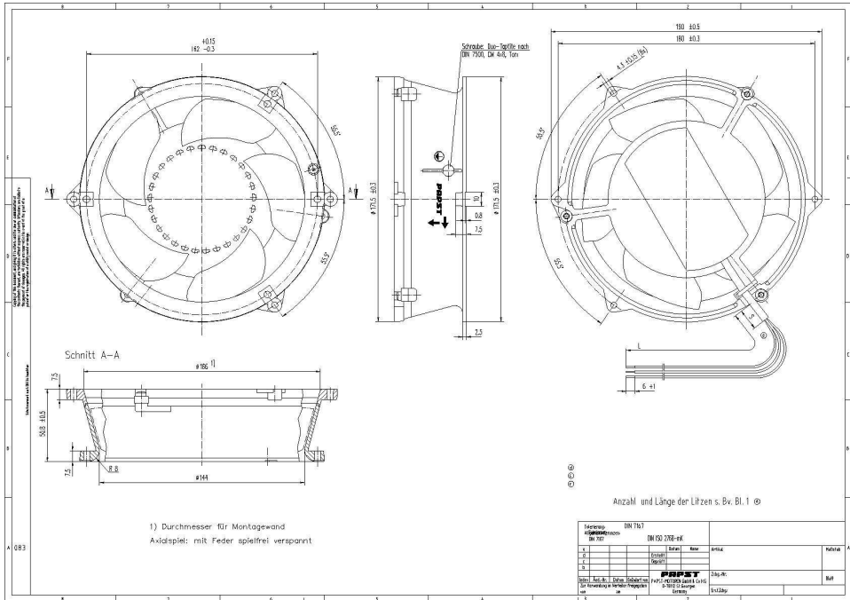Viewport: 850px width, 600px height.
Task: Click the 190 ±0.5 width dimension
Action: click(682, 27)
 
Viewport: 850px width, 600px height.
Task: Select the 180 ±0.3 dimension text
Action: click(682, 39)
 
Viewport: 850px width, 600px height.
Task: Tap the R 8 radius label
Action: click(114, 467)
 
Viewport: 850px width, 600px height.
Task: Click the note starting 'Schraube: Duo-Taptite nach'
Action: click(493, 50)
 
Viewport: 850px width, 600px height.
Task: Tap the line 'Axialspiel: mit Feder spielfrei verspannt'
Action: click(229, 540)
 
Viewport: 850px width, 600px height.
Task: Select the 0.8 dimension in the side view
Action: click(478, 215)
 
